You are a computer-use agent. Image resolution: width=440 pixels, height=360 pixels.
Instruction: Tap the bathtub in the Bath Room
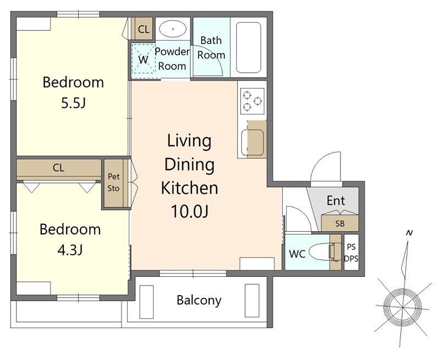click(249, 47)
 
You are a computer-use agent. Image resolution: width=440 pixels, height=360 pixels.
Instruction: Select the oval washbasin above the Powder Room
click(173, 29)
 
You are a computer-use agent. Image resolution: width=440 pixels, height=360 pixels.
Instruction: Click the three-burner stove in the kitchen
click(252, 101)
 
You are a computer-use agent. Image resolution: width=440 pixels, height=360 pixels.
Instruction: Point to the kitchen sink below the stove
click(252, 143)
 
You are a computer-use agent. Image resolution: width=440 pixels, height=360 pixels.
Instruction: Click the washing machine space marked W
click(144, 59)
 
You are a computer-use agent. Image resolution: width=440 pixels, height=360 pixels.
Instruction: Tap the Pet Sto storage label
click(114, 182)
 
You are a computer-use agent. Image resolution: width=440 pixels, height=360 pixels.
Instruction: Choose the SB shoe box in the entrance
click(340, 223)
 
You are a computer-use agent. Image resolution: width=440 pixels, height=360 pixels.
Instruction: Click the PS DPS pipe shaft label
click(351, 253)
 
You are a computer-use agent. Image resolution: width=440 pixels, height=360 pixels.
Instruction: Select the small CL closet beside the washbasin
click(144, 29)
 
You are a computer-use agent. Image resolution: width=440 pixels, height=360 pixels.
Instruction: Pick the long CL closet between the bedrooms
click(59, 168)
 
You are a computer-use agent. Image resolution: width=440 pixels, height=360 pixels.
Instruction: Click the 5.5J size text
click(73, 103)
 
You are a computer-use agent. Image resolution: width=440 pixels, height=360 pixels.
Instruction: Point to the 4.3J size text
click(70, 250)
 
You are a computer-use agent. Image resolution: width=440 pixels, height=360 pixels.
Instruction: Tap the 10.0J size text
click(190, 211)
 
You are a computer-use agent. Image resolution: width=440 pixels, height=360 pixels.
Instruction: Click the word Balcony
click(199, 301)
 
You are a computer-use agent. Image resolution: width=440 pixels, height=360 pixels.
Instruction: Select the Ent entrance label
click(336, 200)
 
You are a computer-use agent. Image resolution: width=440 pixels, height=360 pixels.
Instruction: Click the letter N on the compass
click(409, 233)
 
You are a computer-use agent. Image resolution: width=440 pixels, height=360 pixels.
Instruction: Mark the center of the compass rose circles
click(403, 307)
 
